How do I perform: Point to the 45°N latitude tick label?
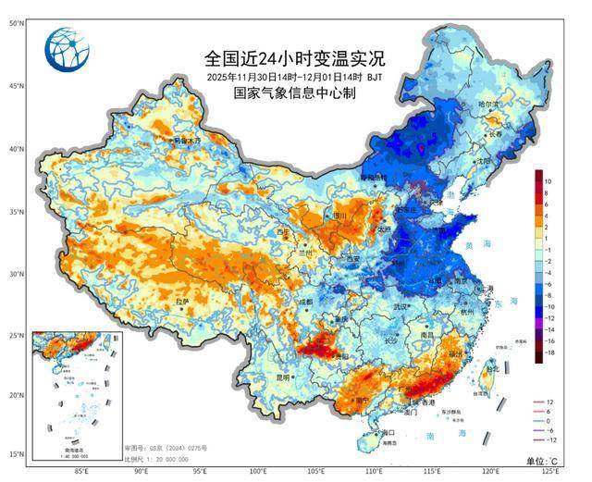(15, 86)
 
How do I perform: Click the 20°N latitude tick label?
(15, 395)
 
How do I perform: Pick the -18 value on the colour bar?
(549, 353)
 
